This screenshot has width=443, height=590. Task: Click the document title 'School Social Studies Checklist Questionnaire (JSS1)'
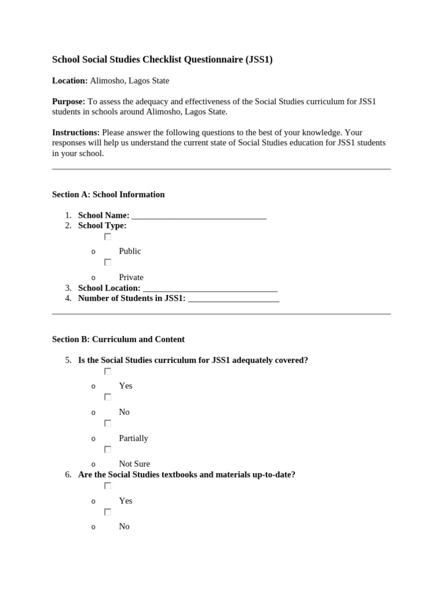click(x=162, y=59)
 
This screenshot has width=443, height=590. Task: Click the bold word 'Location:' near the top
click(x=70, y=81)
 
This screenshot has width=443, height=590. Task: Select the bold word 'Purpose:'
click(x=69, y=101)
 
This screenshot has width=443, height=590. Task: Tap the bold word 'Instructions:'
click(x=76, y=133)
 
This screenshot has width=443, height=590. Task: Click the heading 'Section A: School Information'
click(x=108, y=195)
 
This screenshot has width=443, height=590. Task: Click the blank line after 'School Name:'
click(x=199, y=216)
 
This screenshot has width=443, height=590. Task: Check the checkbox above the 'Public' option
click(x=107, y=237)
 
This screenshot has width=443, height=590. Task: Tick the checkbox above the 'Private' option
click(x=107, y=262)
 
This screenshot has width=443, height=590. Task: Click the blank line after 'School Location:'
click(x=210, y=288)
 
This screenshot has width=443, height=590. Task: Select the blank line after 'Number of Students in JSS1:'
click(x=234, y=298)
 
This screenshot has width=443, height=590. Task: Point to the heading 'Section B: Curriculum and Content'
click(x=118, y=339)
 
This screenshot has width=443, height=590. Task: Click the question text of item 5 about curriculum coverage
click(x=193, y=360)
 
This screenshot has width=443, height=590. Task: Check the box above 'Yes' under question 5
click(x=107, y=372)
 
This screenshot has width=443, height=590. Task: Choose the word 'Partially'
click(x=133, y=438)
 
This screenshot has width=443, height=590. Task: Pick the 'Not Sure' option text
click(x=134, y=464)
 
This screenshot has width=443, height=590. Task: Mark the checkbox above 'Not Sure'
click(x=107, y=449)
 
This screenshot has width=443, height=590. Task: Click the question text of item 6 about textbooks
click(x=186, y=475)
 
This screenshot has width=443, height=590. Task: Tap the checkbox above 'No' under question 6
click(x=107, y=512)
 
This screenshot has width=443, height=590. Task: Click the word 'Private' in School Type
click(x=131, y=277)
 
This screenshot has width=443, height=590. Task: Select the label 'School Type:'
click(x=102, y=226)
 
